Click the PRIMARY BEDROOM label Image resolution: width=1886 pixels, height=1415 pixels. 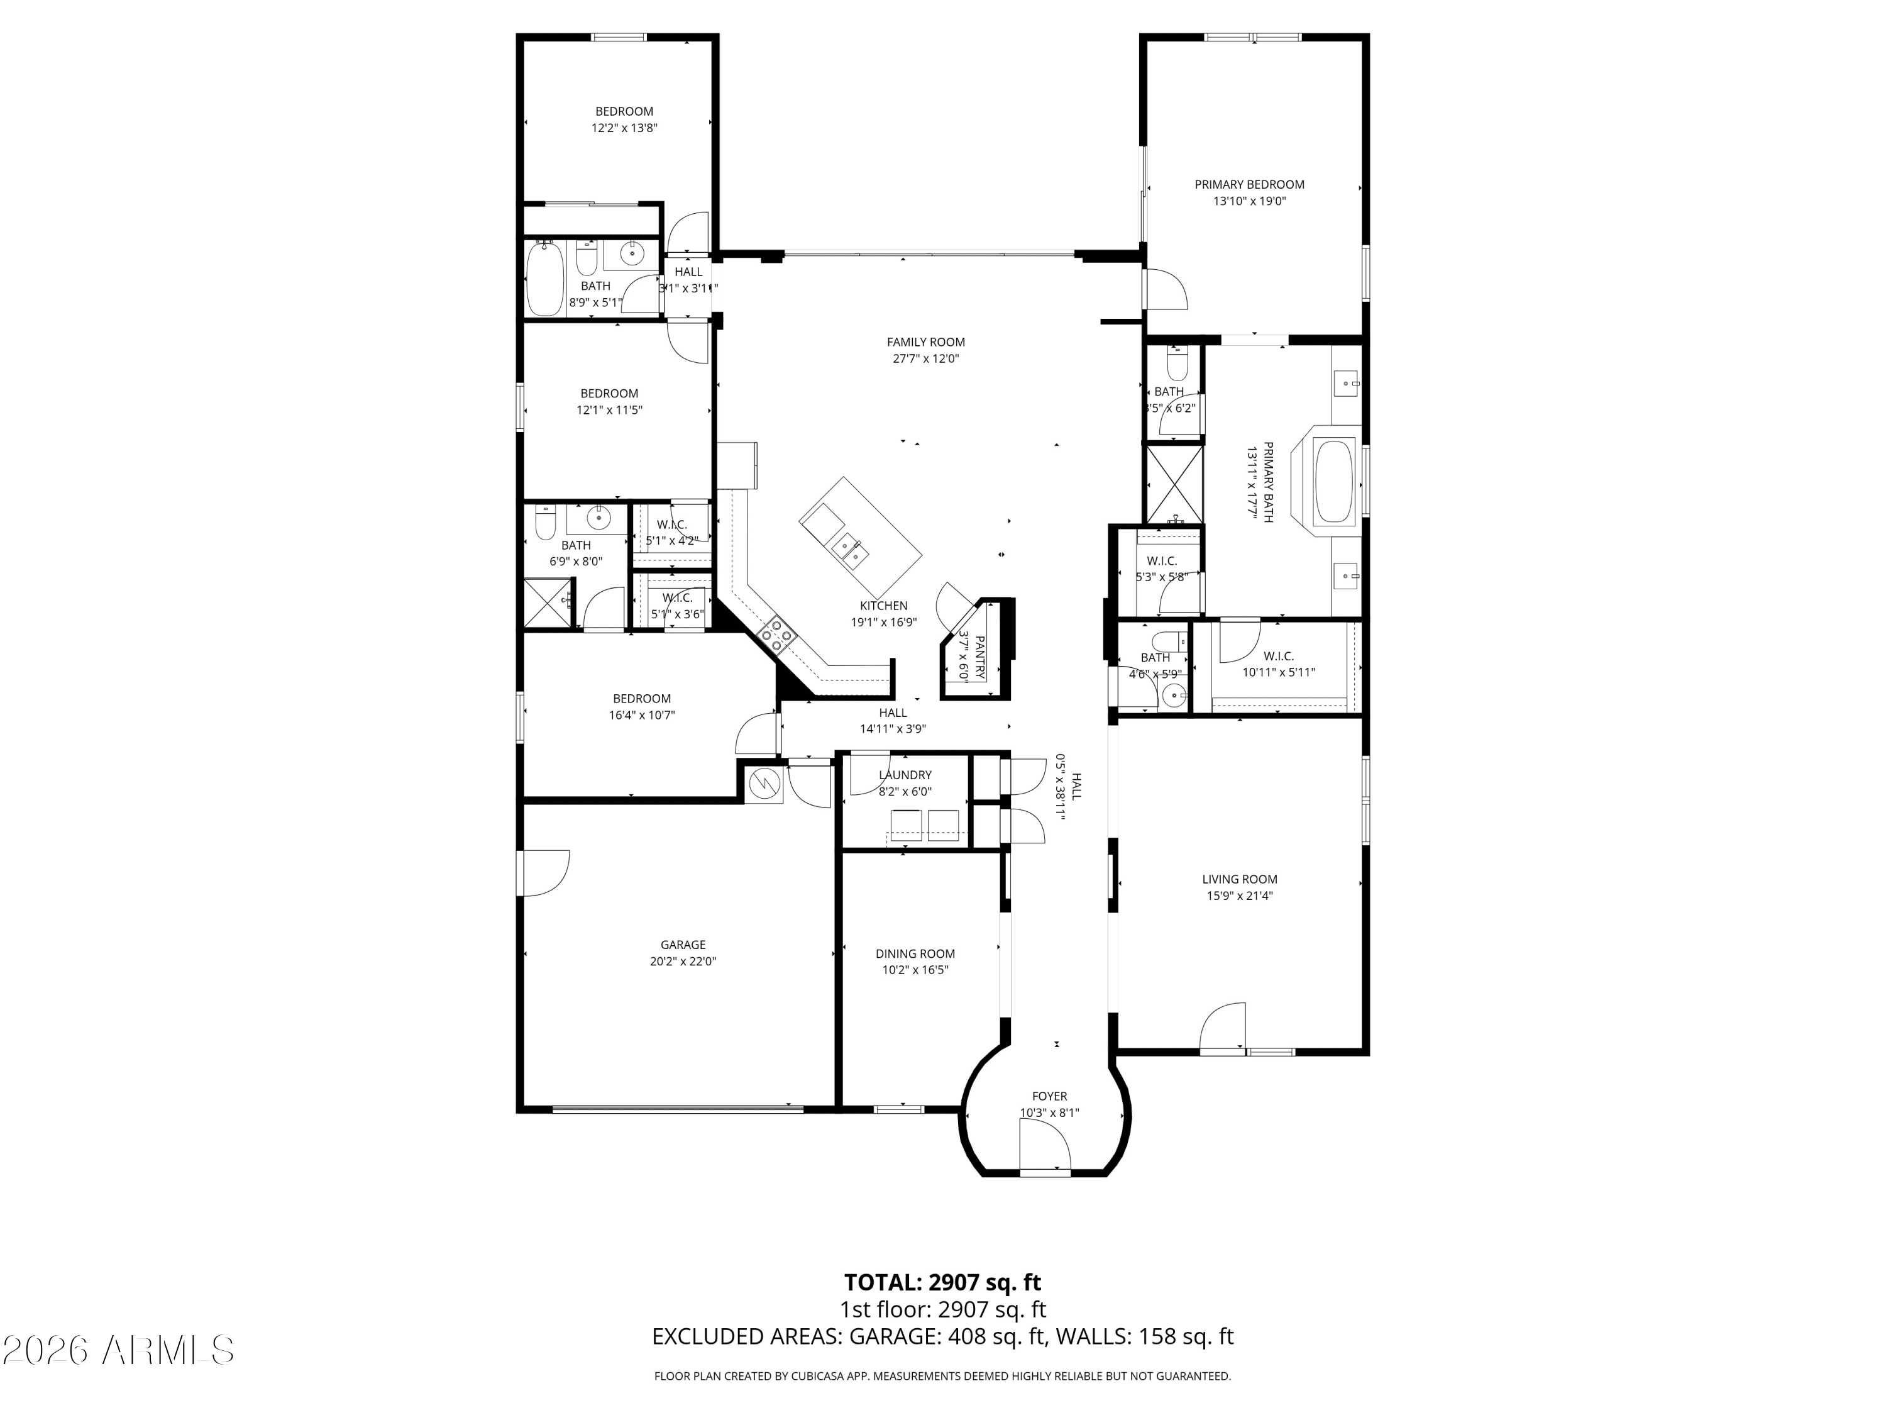(1249, 184)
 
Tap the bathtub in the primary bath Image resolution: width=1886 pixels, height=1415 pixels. (1333, 481)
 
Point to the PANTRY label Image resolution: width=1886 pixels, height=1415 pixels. (979, 657)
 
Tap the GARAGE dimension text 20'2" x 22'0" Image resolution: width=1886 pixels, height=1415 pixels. (682, 961)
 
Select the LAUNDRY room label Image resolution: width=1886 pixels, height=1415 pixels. (905, 774)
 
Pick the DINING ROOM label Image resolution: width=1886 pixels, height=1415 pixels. (915, 953)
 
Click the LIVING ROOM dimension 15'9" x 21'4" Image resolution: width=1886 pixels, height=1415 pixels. (1239, 896)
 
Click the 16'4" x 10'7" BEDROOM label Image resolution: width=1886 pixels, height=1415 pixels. (641, 699)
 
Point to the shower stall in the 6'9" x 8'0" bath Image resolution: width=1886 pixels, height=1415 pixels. (546, 603)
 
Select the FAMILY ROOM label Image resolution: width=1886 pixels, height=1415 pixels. (925, 342)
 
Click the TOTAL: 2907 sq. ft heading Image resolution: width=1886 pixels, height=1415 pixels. (942, 1282)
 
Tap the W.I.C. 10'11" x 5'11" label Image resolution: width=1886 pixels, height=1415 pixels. (1277, 656)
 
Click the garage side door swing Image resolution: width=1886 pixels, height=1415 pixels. (544, 874)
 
